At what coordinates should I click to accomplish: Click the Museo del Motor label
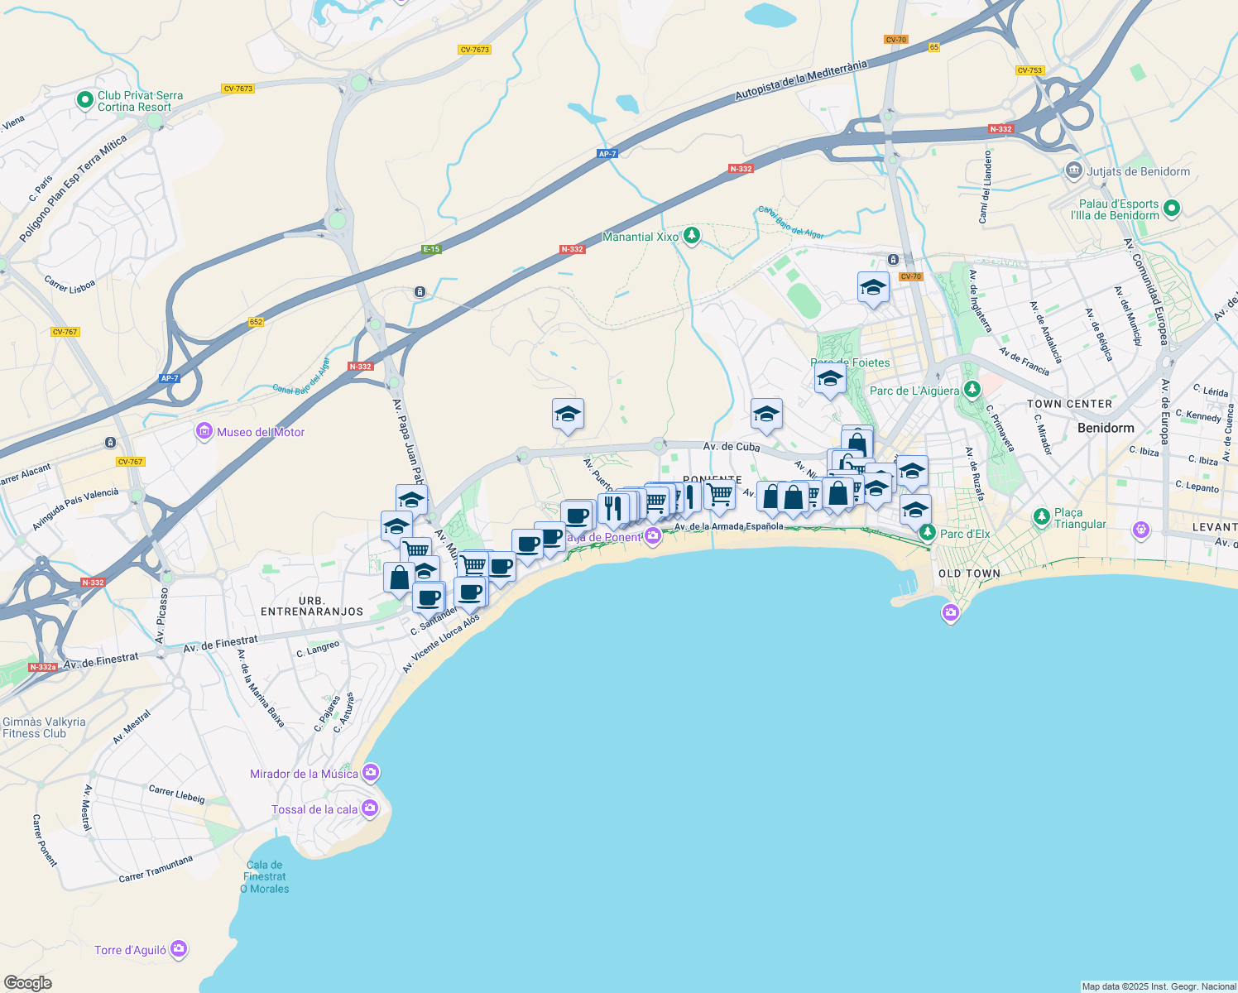point(261,432)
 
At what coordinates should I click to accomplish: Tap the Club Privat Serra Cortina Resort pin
point(84,101)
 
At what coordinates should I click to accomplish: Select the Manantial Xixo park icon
point(692,237)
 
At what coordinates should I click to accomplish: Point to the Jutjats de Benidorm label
point(1138,172)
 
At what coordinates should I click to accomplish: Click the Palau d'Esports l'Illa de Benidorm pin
point(1171,209)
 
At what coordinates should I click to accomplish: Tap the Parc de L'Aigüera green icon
point(972,389)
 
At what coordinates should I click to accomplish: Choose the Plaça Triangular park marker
point(1042,518)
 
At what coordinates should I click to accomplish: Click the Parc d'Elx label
point(965,534)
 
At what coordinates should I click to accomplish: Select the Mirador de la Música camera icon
point(370,773)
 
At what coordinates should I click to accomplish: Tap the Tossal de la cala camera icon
point(369,808)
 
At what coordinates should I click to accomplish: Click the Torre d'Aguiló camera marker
point(179,949)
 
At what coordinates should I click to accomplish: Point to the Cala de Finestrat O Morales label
point(265,877)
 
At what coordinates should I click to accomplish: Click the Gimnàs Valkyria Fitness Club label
point(43,727)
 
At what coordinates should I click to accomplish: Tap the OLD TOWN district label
point(969,573)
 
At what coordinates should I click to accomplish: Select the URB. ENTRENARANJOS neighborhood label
point(312,606)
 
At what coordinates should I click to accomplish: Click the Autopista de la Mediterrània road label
point(801,80)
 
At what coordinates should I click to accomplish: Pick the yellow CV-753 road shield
point(1029,70)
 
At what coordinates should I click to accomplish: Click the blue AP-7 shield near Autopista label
point(607,154)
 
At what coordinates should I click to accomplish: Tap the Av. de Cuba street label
point(732,447)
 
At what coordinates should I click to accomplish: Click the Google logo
point(28,982)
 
